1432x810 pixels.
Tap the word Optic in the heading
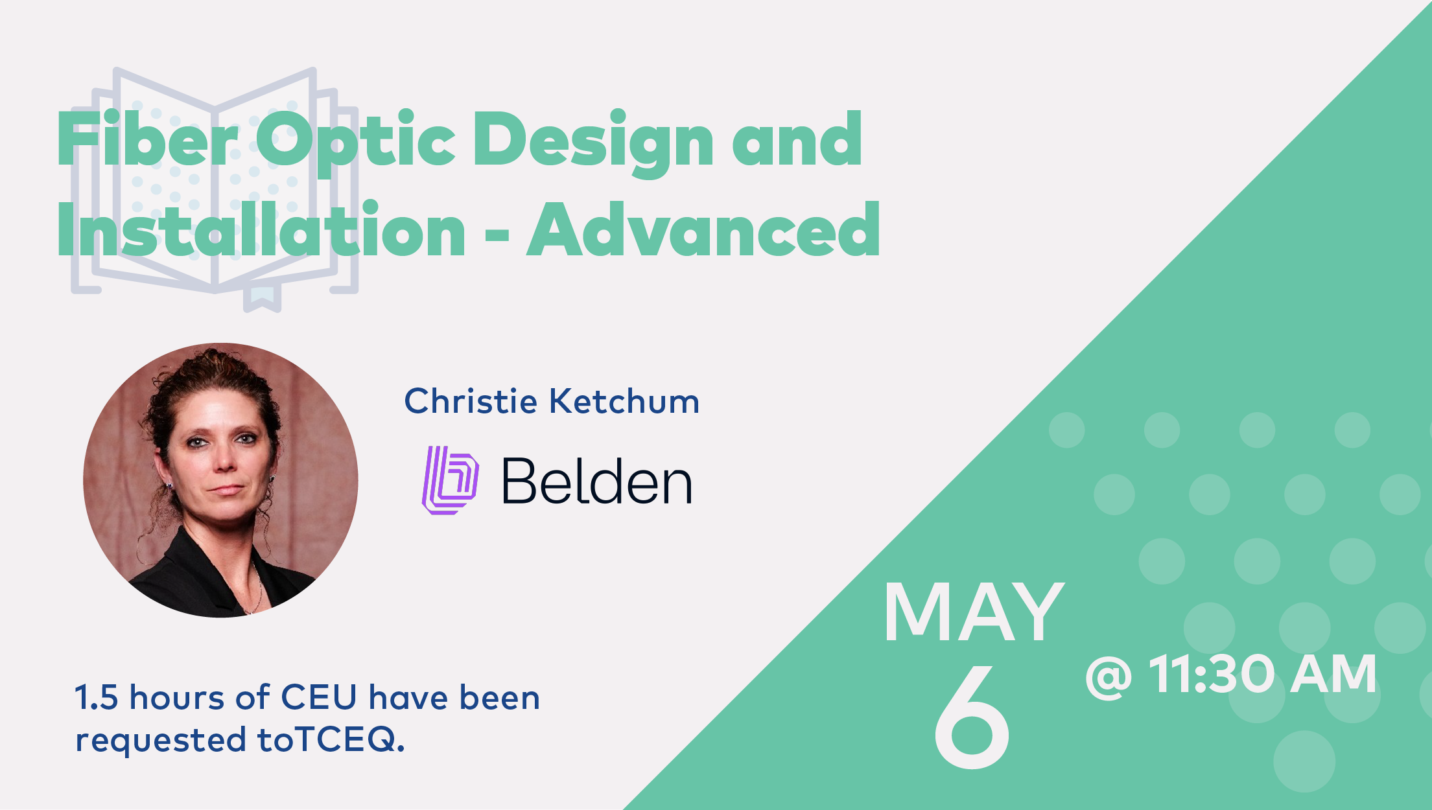coord(356,143)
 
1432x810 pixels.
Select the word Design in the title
coord(593,143)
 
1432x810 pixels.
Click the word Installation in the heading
coord(261,228)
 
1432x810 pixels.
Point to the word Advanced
coord(703,228)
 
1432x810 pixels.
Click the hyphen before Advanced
coord(497,234)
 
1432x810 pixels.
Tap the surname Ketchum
coord(625,400)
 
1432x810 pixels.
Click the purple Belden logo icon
coord(450,480)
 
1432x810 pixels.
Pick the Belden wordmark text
coord(597,481)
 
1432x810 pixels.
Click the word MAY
coord(974,612)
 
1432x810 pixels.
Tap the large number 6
coord(972,716)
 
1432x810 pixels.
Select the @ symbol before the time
coord(1109,677)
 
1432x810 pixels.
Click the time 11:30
coord(1212,674)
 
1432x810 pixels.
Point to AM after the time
coord(1333,674)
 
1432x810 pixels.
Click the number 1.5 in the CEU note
coord(97,697)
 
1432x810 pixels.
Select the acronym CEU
coord(319,697)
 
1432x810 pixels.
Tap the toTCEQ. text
coord(331,739)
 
